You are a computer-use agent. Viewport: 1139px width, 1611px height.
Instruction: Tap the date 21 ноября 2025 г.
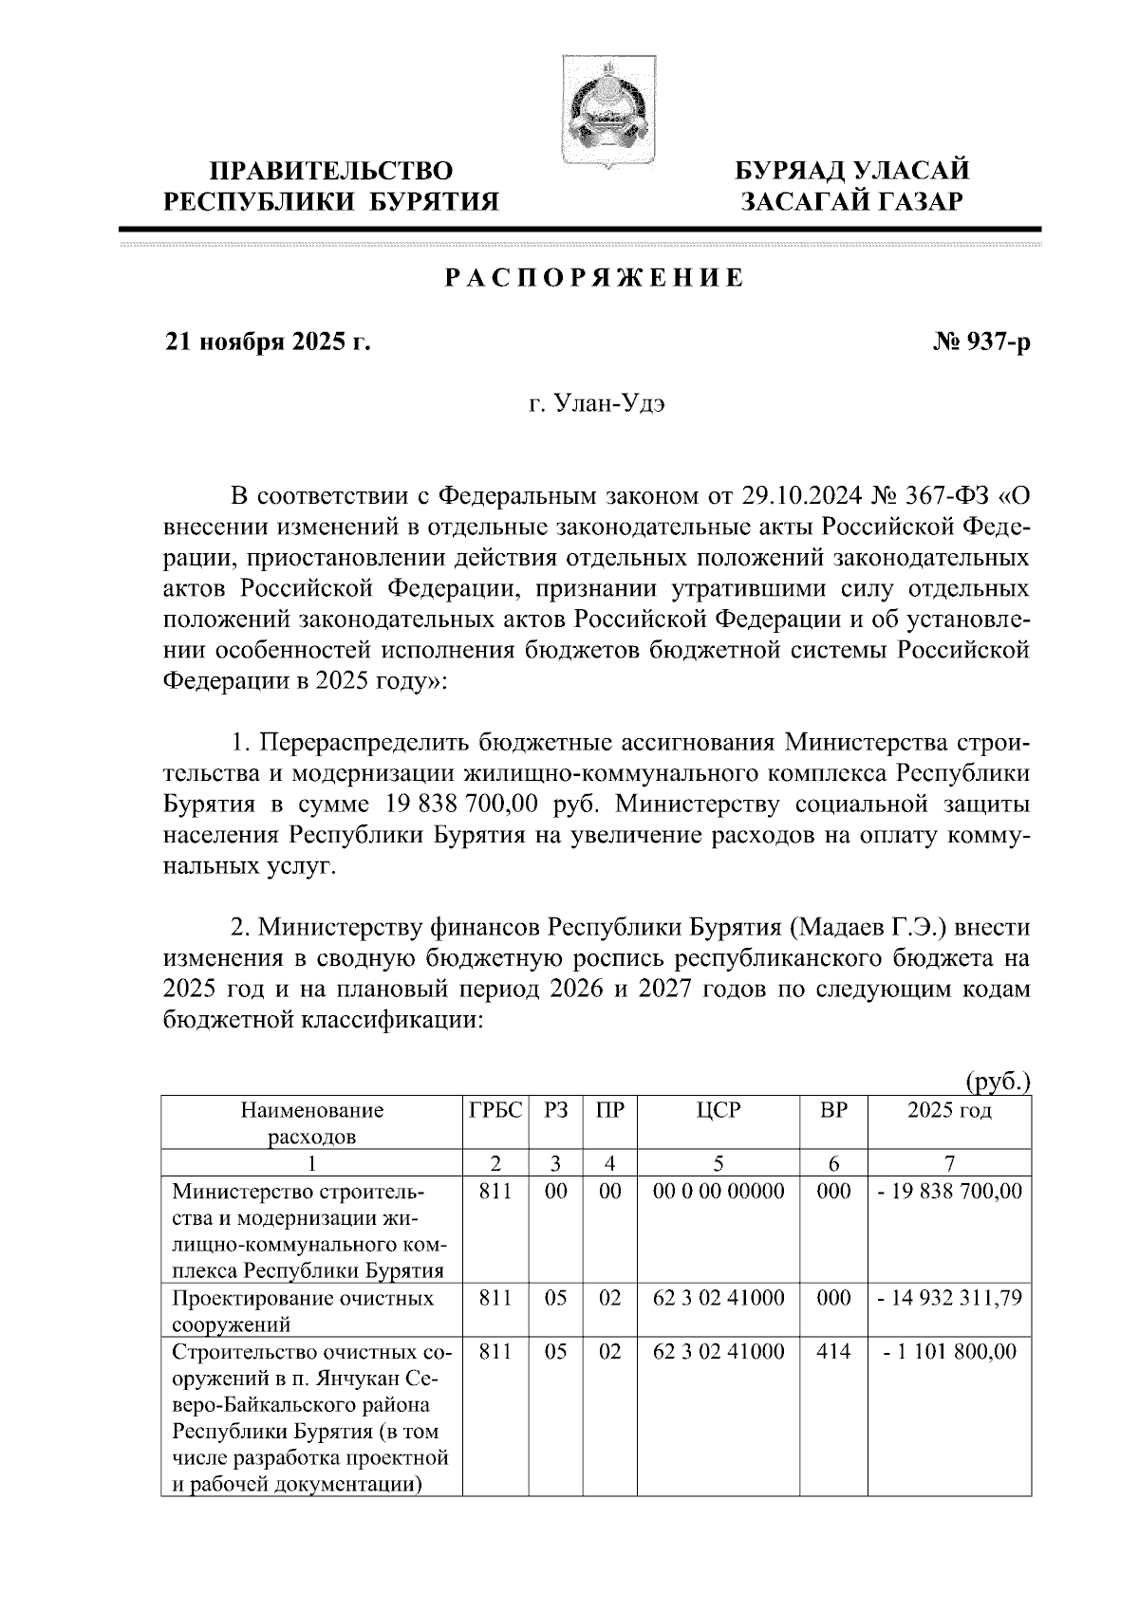pos(268,343)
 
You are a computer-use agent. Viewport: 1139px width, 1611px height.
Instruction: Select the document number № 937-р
pos(981,343)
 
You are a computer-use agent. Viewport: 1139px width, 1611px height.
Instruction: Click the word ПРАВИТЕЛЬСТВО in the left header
pos(331,172)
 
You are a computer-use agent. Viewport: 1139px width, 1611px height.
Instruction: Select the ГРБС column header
pos(495,1110)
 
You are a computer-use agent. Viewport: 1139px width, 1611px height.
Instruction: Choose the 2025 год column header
pos(949,1110)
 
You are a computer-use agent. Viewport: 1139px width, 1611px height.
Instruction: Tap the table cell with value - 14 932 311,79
pos(949,1298)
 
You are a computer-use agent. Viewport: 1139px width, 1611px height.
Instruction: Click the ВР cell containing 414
pos(832,1351)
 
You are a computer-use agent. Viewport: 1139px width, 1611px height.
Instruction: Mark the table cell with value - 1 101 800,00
pos(949,1351)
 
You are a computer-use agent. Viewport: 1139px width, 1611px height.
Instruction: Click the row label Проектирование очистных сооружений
pos(303,1310)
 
